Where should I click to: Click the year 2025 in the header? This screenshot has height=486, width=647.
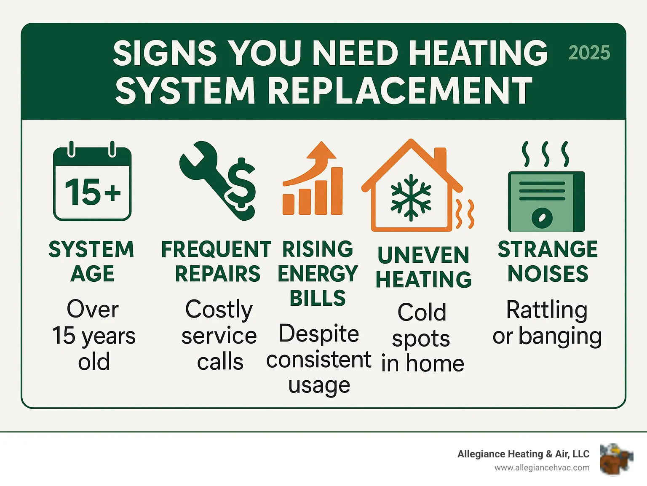(x=589, y=53)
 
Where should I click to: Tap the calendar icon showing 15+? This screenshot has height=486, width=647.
(x=92, y=184)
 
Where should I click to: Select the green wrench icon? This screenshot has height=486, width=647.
(x=202, y=173)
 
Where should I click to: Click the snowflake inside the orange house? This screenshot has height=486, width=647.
(x=411, y=198)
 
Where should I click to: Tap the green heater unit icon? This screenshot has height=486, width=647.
(x=546, y=201)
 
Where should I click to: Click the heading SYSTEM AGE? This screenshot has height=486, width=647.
(x=92, y=261)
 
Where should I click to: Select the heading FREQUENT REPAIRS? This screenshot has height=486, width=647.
(x=217, y=261)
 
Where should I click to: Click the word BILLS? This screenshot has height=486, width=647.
(x=318, y=298)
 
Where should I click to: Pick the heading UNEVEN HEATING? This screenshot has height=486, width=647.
(x=423, y=267)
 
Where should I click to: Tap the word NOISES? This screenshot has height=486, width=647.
(x=548, y=274)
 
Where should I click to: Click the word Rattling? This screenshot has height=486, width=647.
(x=547, y=310)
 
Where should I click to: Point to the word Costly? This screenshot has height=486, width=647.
(x=219, y=310)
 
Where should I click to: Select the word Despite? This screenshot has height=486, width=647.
(x=319, y=334)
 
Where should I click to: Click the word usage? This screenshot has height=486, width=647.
(x=319, y=385)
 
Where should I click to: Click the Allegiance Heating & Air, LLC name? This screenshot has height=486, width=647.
(x=523, y=454)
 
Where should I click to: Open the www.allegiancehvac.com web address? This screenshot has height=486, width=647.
(x=542, y=468)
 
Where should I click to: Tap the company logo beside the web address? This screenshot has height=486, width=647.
(x=616, y=459)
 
